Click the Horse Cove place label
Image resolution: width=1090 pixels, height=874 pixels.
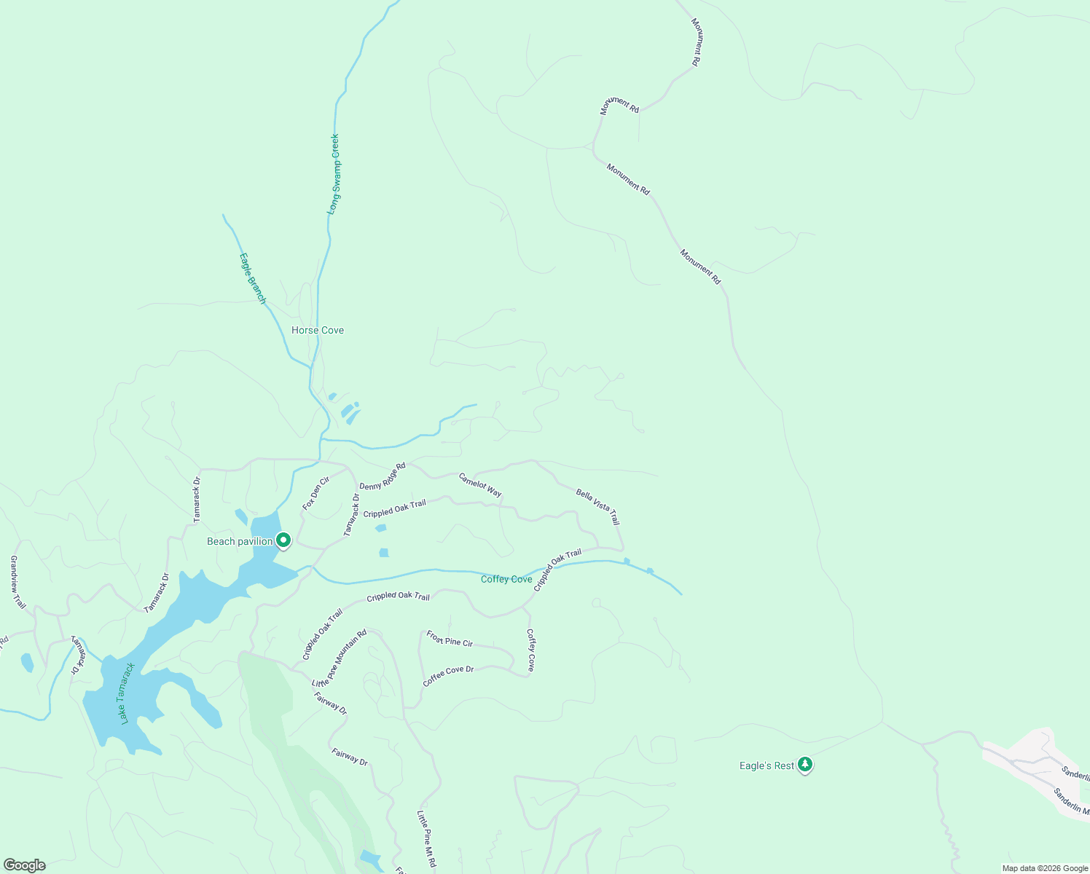point(318,330)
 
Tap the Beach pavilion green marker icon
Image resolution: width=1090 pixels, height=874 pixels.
point(283,540)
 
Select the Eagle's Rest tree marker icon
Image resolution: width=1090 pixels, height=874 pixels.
point(805,764)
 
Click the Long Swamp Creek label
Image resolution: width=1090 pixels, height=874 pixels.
point(334,173)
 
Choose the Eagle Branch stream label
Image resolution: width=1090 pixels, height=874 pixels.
point(254,277)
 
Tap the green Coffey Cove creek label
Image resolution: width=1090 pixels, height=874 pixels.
point(506,579)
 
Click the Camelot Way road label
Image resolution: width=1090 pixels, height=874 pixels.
point(480,485)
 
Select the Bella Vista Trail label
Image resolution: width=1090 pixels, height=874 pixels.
point(597,507)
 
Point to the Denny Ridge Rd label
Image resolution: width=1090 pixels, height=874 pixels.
point(382,476)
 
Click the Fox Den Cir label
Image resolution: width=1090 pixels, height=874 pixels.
point(316,493)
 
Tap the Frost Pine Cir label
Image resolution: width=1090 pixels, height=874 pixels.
point(450,639)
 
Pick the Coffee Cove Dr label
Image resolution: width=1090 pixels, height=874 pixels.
point(448,675)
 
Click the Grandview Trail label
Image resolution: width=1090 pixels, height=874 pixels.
point(17,582)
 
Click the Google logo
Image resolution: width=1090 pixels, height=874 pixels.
point(24,865)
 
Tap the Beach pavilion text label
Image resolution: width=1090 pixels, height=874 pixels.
point(240,541)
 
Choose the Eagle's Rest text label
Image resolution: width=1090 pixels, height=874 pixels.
point(766,765)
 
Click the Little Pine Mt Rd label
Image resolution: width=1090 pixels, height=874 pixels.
point(426,838)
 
